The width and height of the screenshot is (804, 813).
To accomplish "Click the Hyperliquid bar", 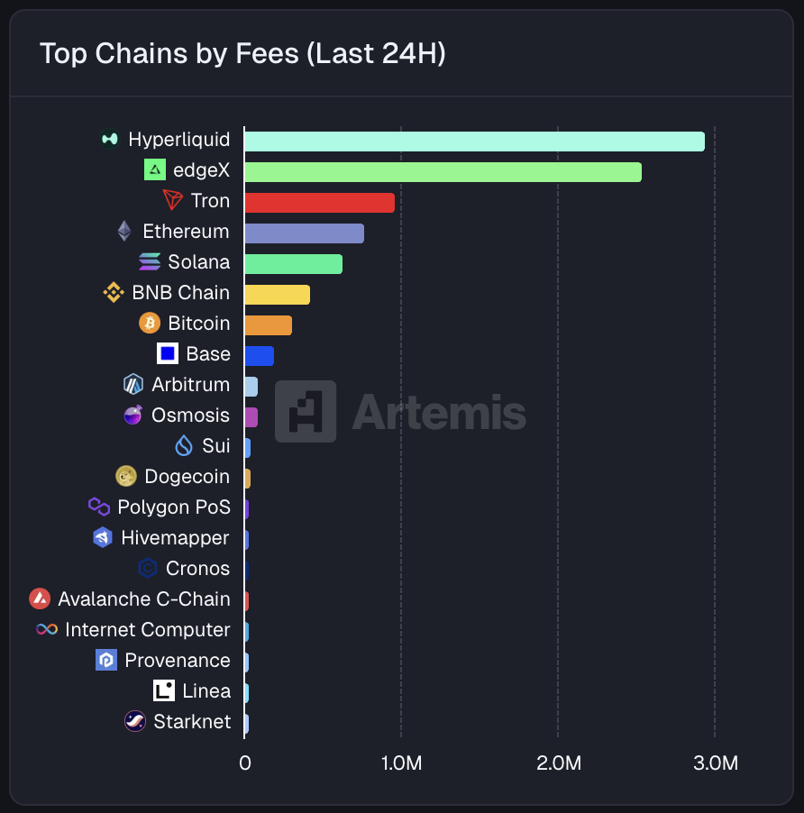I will click(x=474, y=141).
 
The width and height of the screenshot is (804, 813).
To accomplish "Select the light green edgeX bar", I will click(x=443, y=171).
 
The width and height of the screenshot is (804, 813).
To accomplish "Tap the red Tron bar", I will click(x=319, y=202).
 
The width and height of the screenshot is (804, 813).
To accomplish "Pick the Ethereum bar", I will click(x=304, y=233).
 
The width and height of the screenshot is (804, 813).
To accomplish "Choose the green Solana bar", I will click(x=293, y=263).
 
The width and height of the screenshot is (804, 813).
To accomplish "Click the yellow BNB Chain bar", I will click(x=277, y=294).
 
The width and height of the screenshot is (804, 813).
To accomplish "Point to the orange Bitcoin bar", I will click(x=268, y=324).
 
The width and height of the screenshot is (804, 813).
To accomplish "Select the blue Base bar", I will click(x=259, y=355).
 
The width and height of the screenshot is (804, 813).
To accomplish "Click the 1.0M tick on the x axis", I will click(x=401, y=763).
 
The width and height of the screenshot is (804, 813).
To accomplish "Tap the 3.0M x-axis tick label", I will click(x=715, y=763).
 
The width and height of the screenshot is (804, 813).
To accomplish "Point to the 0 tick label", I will click(x=244, y=763).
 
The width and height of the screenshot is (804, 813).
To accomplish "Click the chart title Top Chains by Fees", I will click(x=242, y=54).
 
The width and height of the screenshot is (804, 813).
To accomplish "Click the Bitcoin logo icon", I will click(x=150, y=323).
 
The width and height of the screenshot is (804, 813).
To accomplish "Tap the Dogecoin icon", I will click(x=126, y=476).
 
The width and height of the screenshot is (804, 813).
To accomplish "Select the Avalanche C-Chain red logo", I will click(x=40, y=598).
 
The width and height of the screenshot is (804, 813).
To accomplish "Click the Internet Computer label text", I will click(x=147, y=629).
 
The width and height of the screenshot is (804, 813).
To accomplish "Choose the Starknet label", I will click(x=192, y=721).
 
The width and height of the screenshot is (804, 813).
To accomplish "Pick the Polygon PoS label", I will click(x=174, y=507).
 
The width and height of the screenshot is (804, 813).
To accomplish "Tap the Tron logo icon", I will click(x=172, y=200).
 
